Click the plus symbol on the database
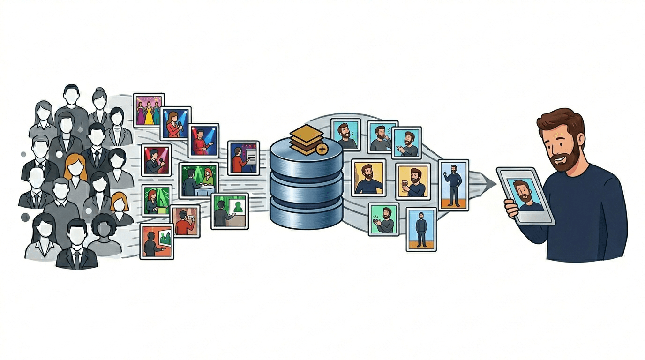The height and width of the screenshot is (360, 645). click(322, 150)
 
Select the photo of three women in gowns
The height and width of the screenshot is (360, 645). click(149, 110)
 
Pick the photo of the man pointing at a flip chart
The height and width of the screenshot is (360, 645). click(243, 158)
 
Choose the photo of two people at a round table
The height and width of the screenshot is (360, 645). click(199, 181)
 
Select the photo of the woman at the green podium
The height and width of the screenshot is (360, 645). click(157, 201)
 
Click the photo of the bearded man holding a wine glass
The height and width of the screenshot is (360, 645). click(412, 181)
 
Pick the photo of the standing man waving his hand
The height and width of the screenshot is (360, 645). click(453, 185)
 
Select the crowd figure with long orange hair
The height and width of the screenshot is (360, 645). click(75, 169)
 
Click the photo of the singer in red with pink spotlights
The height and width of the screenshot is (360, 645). click(203, 140)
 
